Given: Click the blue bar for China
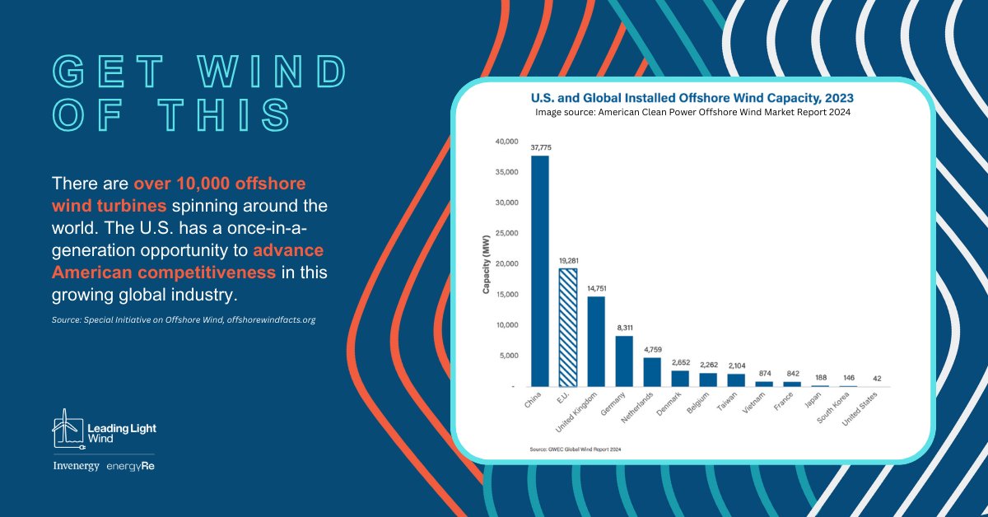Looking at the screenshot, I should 540,271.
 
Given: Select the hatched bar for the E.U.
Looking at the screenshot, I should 568,327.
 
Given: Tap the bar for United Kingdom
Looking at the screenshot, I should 596,341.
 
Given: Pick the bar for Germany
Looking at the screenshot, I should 624,361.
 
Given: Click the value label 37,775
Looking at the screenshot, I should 540,148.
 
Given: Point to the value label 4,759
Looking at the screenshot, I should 652,350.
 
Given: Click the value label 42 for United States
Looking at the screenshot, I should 876,379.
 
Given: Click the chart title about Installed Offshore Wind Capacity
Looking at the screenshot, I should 692,98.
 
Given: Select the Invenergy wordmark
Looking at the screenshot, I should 75,467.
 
